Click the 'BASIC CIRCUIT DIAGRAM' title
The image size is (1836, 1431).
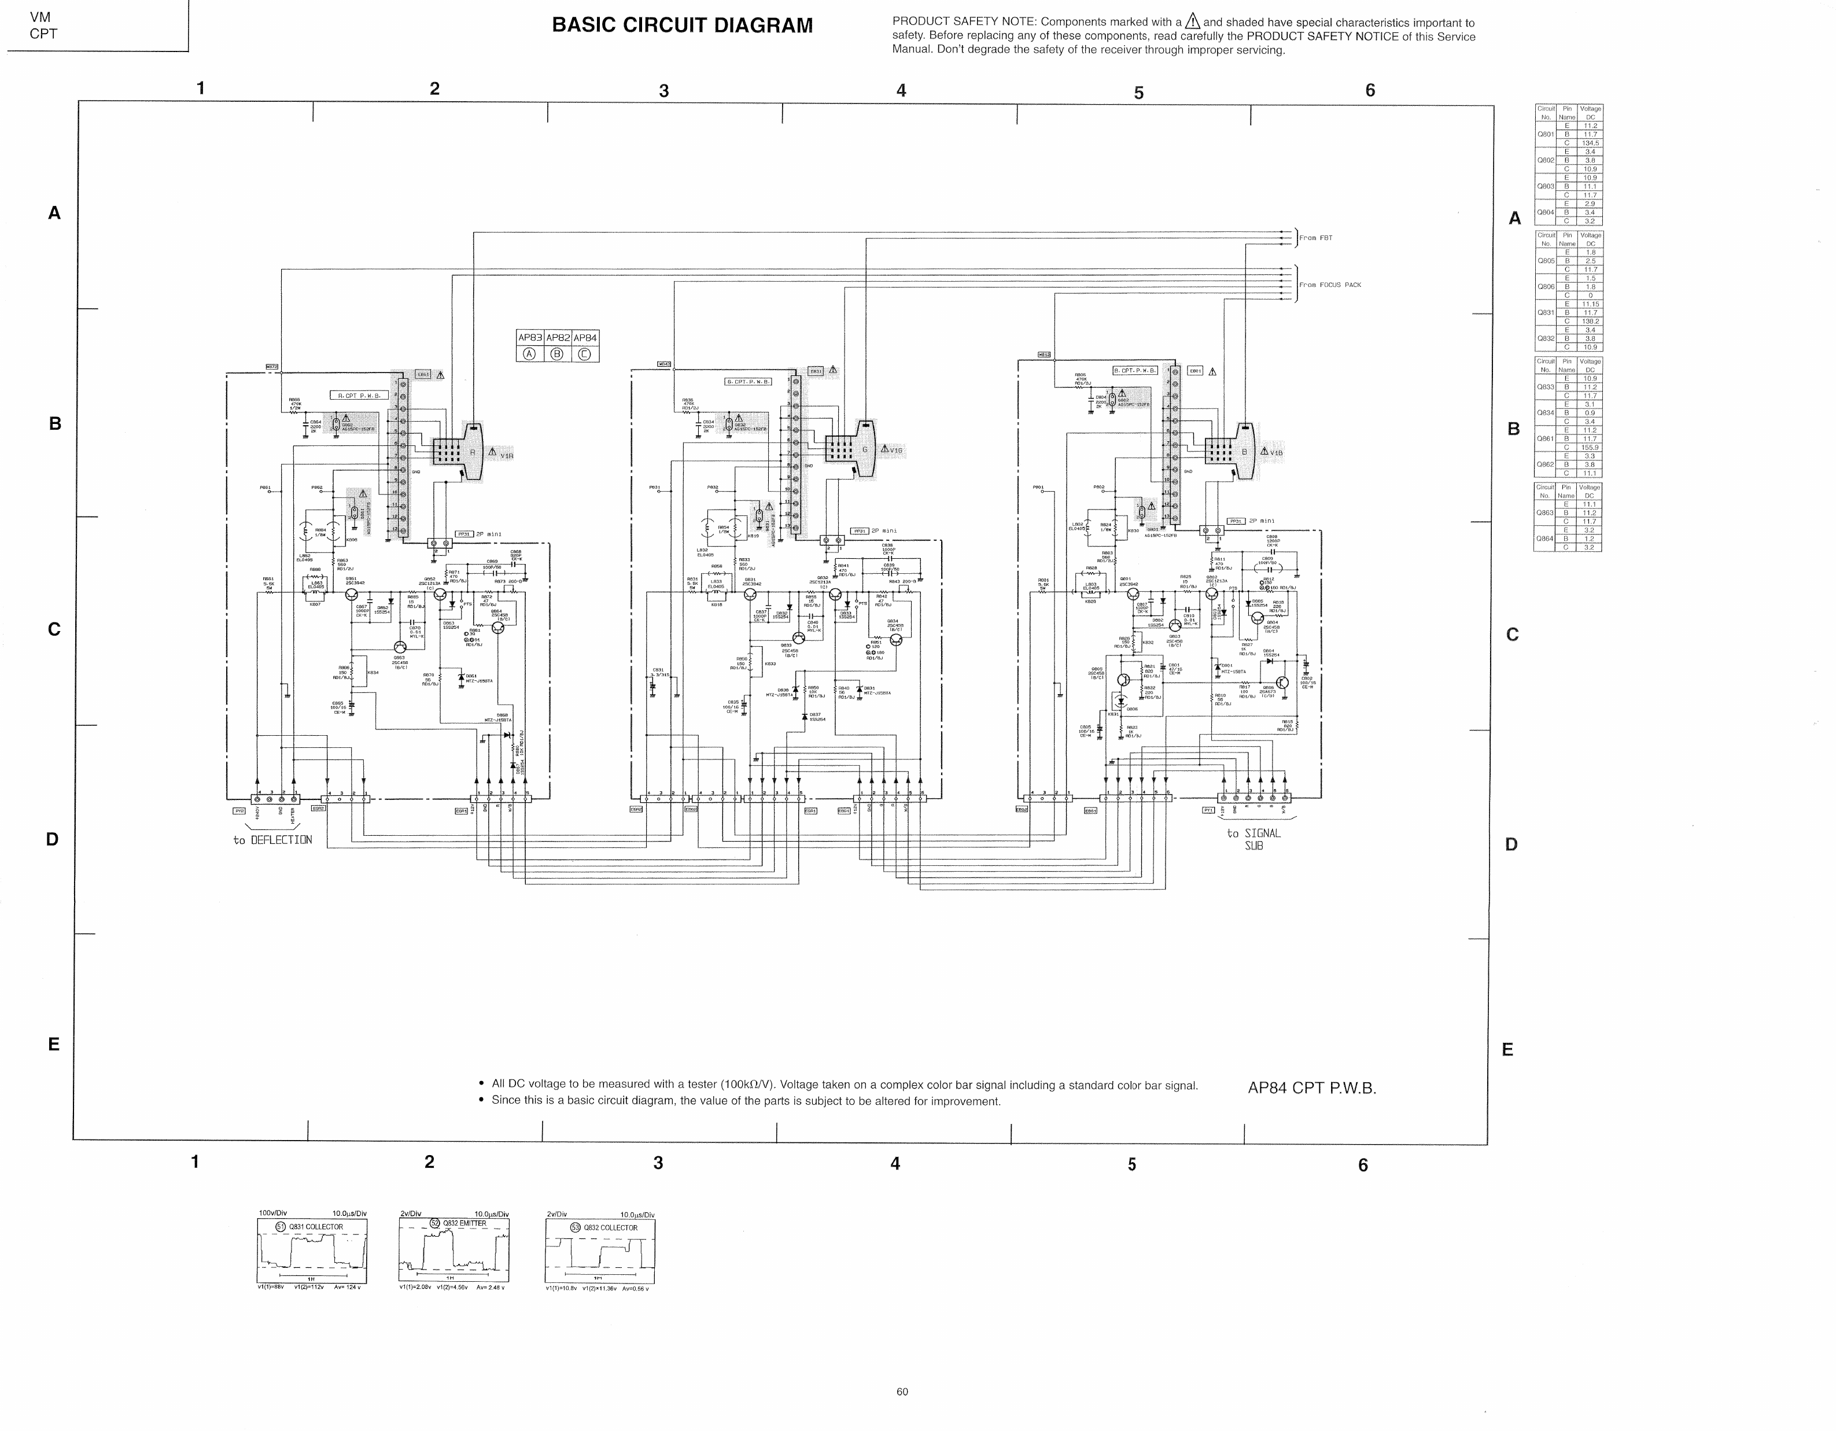pos(682,26)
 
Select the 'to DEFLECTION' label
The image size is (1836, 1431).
pos(272,840)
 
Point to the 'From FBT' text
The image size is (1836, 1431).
pos(1315,238)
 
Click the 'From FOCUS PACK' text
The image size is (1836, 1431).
pos(1329,285)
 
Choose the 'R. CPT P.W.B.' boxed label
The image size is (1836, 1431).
pos(359,395)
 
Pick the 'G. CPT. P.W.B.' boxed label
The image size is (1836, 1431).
pos(748,382)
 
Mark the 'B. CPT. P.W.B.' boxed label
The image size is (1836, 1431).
pos(1135,370)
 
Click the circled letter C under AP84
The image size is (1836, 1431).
pos(584,354)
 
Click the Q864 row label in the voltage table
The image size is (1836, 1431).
pos(1545,539)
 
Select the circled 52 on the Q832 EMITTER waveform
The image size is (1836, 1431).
pos(434,1223)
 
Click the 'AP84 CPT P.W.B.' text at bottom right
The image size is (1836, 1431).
pos(1311,1088)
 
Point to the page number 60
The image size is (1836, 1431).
pos(902,1392)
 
